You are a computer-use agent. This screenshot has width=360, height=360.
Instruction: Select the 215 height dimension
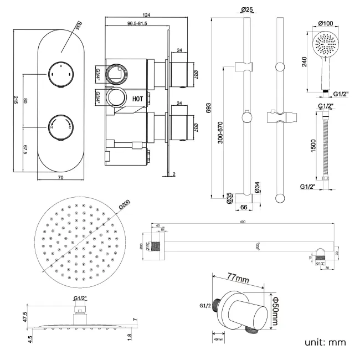16,100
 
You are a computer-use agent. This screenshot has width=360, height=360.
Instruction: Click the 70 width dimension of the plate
60,177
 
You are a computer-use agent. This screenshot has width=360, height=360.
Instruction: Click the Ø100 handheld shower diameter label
326,23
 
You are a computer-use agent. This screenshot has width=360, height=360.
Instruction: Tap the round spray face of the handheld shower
325,44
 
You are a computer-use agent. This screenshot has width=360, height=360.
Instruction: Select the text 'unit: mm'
326,342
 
